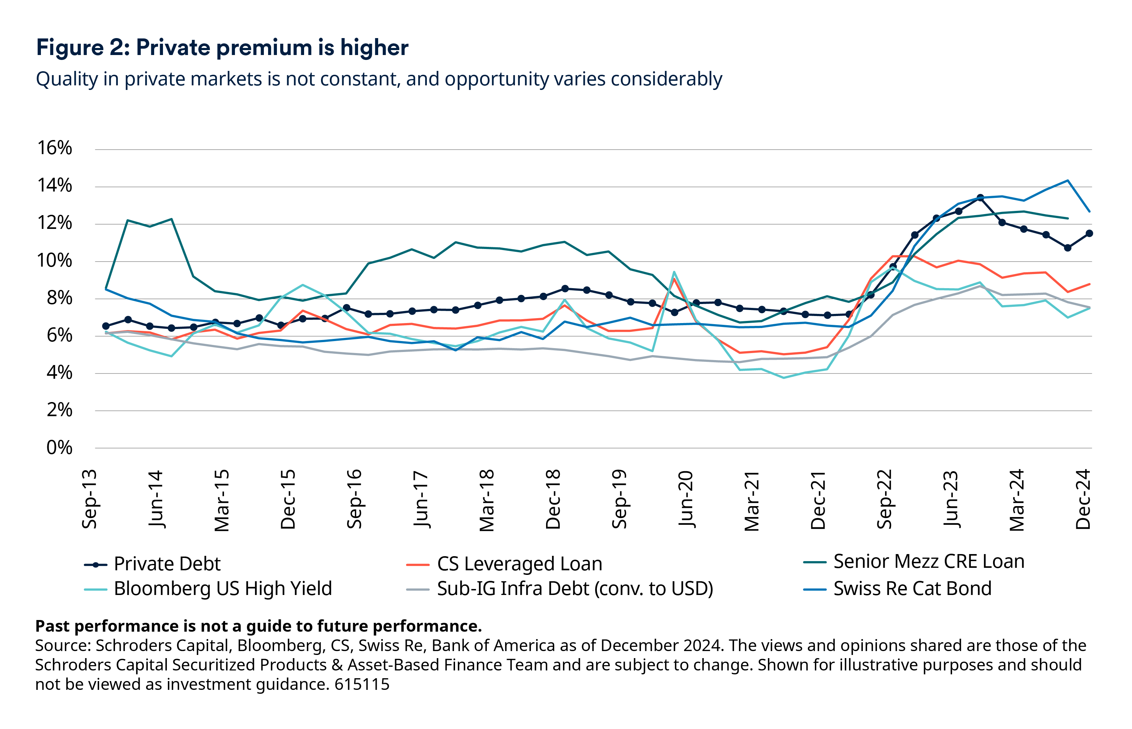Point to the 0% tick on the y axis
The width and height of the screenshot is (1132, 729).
(x=59, y=447)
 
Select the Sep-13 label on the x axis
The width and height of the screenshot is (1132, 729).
(x=90, y=499)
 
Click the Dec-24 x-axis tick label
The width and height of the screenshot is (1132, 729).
(x=1083, y=499)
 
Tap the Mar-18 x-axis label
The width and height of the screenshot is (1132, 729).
(x=487, y=500)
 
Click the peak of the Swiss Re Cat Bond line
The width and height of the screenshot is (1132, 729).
(x=1067, y=180)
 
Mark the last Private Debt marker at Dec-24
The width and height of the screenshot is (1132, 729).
(x=1089, y=233)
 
